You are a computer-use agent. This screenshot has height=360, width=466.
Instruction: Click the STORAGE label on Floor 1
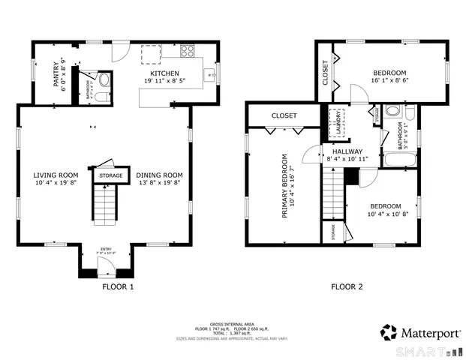[111, 175]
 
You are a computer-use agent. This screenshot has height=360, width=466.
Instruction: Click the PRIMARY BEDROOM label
[284, 186]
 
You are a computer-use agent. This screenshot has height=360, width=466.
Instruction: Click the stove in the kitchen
[188, 52]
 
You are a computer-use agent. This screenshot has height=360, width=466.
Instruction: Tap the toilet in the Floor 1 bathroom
[104, 79]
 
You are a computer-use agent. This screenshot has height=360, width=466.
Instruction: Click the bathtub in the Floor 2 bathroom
[394, 160]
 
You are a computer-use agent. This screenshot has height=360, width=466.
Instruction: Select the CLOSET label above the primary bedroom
[284, 116]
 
